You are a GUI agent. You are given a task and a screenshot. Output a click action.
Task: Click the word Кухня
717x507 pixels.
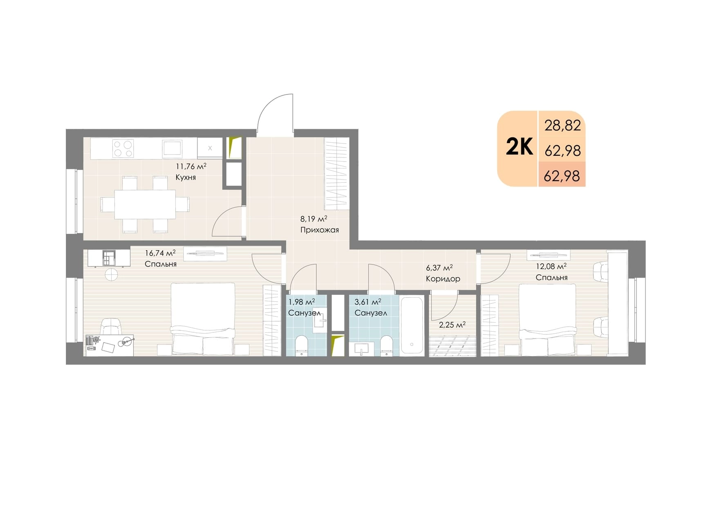[x=186, y=177]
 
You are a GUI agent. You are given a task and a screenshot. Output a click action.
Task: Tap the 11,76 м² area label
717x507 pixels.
[x=191, y=166]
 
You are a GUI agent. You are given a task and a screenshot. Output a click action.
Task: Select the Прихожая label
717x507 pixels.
[x=320, y=230]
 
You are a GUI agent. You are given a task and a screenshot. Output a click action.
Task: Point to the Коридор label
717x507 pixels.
[x=443, y=279]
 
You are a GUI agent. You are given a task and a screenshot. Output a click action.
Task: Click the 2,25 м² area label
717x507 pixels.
[x=452, y=325]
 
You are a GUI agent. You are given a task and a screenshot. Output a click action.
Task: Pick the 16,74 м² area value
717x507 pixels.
[x=160, y=253]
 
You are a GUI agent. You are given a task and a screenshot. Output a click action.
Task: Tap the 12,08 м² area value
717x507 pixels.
[x=551, y=267]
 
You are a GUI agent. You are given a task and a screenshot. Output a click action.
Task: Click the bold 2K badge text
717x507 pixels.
[x=519, y=147]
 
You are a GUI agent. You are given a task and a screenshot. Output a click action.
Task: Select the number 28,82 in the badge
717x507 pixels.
[x=562, y=126]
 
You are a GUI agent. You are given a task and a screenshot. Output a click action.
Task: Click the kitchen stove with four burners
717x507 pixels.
[x=123, y=149]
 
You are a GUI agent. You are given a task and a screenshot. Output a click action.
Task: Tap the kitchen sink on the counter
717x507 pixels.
[x=173, y=148]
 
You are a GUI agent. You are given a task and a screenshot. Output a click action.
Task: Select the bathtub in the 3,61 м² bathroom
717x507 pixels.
[x=412, y=325]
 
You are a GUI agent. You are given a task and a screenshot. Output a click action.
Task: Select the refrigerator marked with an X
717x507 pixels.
[x=210, y=148]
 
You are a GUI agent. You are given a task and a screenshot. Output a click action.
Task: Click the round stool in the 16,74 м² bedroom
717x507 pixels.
[x=111, y=274]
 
